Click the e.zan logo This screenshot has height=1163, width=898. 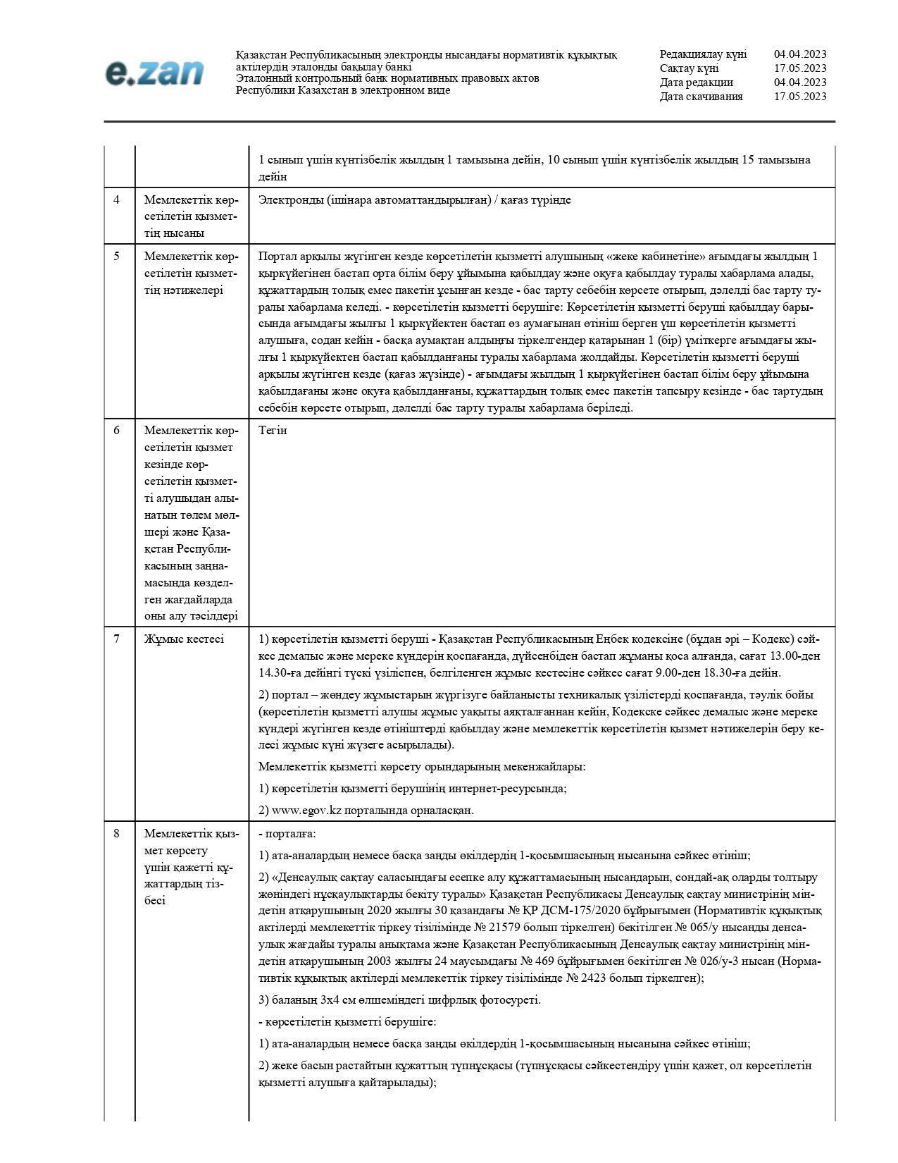point(155,73)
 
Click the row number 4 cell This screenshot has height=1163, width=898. point(117,200)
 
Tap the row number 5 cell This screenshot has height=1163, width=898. point(117,257)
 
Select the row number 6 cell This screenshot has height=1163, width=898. point(117,431)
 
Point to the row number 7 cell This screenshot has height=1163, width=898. point(117,639)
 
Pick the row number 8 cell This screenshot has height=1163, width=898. point(117,834)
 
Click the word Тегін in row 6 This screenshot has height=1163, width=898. point(273,431)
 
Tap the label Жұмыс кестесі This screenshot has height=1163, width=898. point(184,639)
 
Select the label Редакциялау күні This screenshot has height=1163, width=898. point(703,54)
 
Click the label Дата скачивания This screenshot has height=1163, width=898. point(701,97)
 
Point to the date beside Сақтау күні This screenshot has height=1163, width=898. point(800,68)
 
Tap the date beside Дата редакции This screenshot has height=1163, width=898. point(800,82)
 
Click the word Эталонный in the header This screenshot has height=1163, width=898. point(262,78)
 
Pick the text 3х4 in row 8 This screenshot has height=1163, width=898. point(331,1000)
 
